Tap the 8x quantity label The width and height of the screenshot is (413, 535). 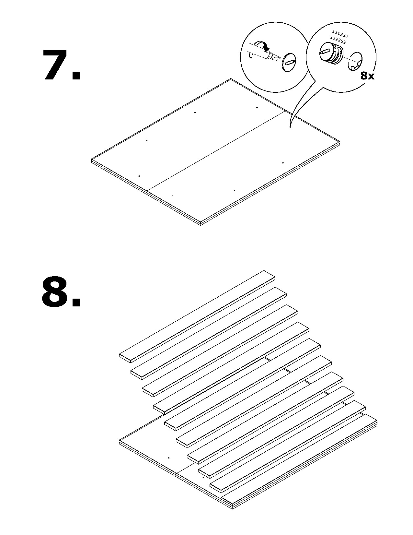coord(367,76)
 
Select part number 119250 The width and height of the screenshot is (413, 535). coord(339,33)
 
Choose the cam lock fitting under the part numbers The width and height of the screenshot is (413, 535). coord(330,54)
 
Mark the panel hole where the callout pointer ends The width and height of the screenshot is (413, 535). coord(290,127)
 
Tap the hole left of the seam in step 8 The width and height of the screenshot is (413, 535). coord(169,458)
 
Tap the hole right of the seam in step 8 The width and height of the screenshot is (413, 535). coord(203,478)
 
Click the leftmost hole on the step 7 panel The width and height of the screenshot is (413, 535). coord(139,176)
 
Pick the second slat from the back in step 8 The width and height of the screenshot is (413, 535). coord(209,332)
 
